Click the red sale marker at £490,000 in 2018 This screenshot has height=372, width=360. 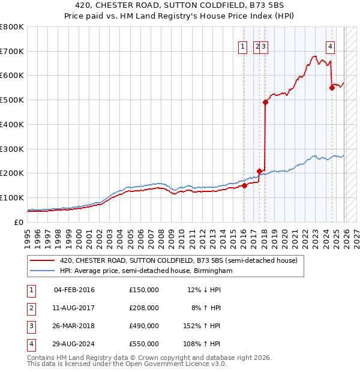coord(265,102)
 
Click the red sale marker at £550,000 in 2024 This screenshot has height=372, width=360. coord(332,88)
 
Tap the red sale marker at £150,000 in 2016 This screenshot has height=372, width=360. coord(244,185)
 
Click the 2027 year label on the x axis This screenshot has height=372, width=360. coord(356,235)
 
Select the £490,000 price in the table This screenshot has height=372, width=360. coord(144,326)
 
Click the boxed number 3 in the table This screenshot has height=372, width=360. coord(31,326)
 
